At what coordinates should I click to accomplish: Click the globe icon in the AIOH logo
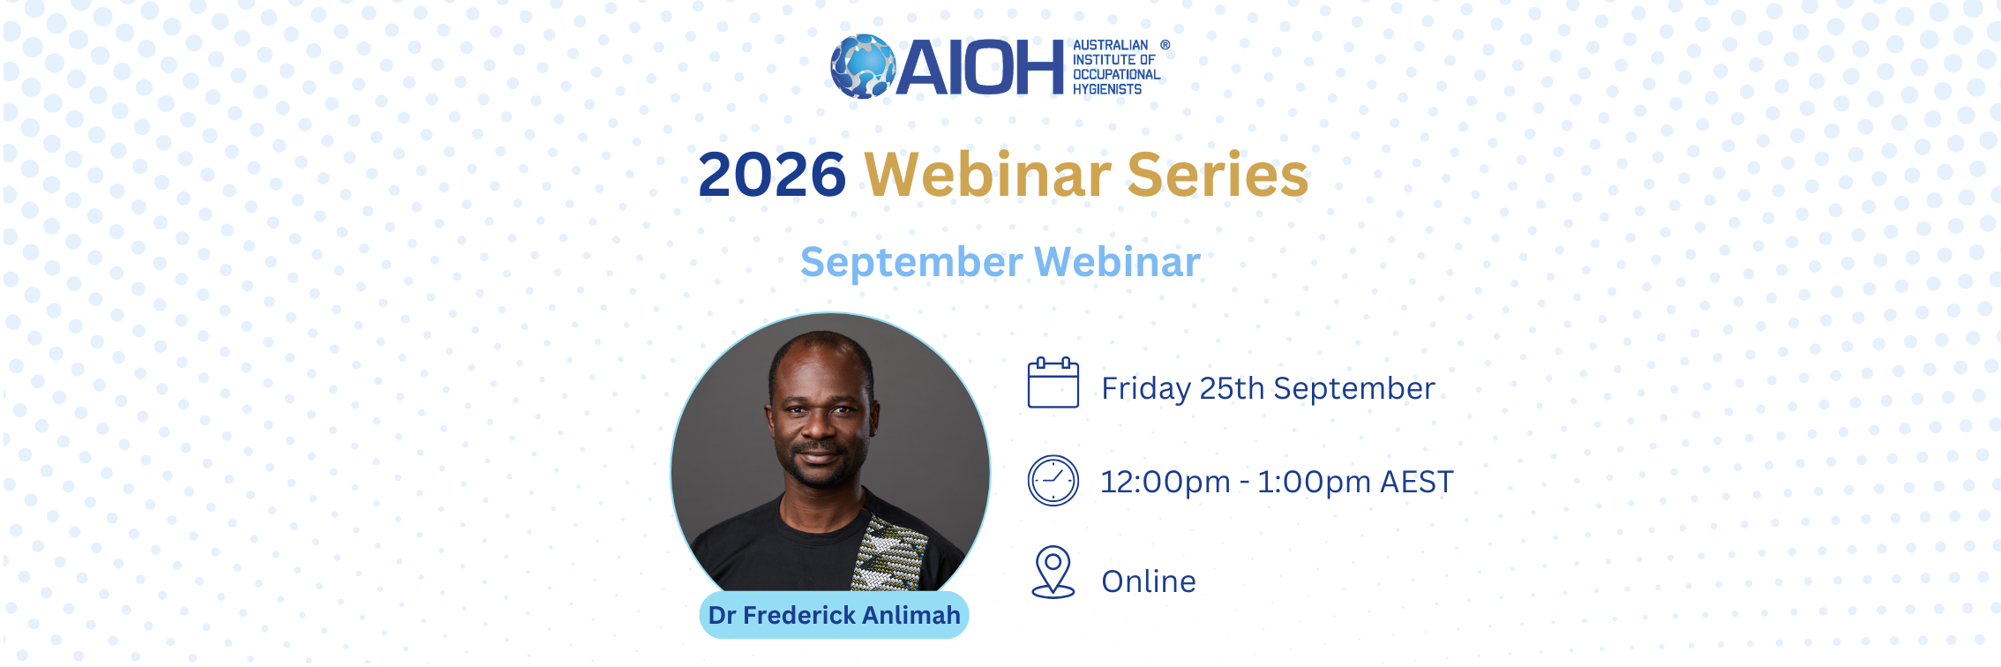pyautogui.click(x=863, y=66)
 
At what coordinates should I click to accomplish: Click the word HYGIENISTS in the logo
pyautogui.click(x=1107, y=89)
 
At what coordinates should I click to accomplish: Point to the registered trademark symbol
pyautogui.click(x=1165, y=45)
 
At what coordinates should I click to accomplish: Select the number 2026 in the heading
pyautogui.click(x=772, y=175)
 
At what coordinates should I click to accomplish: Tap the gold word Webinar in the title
pyautogui.click(x=987, y=175)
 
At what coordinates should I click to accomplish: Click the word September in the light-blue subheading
pyautogui.click(x=912, y=263)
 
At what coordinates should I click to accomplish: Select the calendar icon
pyautogui.click(x=1053, y=382)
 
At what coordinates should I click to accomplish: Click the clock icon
pyautogui.click(x=1053, y=481)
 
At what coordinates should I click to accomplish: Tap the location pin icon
pyautogui.click(x=1053, y=573)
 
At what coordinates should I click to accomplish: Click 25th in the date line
pyautogui.click(x=1233, y=388)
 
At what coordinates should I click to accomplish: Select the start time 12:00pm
pyautogui.click(x=1165, y=483)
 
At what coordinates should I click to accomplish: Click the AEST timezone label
pyautogui.click(x=1417, y=483)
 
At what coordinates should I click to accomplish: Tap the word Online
pyautogui.click(x=1149, y=581)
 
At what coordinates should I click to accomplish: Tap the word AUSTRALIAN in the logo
pyautogui.click(x=1111, y=45)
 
